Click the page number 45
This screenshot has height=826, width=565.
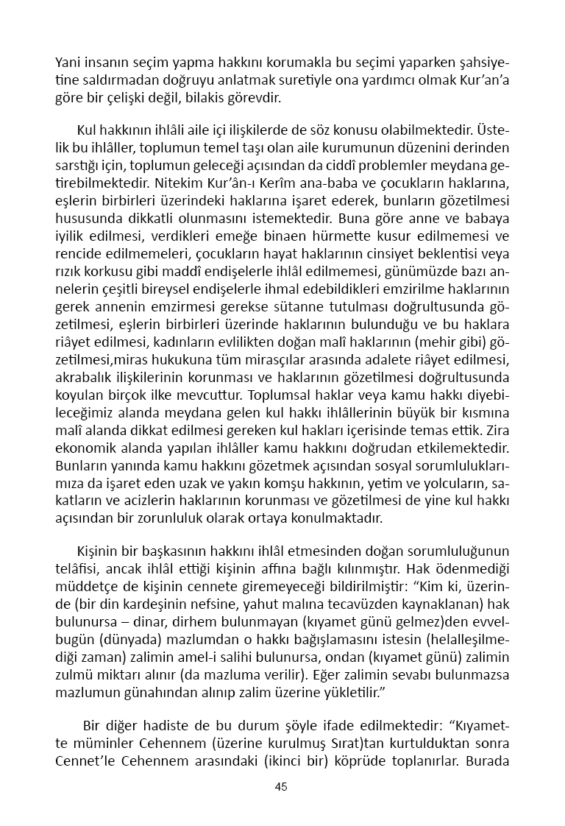[281, 786]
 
